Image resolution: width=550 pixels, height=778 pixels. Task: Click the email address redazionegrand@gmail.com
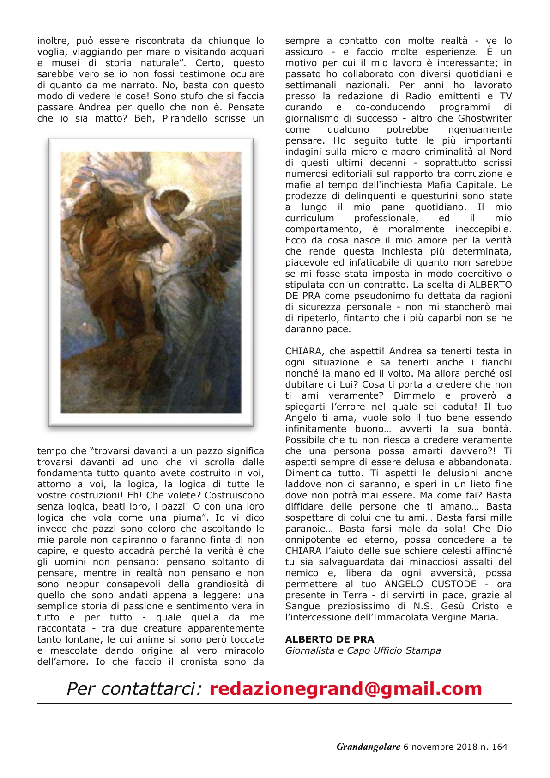346,689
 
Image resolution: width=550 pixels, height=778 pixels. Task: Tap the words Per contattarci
134,689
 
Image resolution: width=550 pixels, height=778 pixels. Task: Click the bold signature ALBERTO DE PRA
330,639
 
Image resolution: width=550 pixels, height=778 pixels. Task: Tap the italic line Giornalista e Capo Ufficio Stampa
363,650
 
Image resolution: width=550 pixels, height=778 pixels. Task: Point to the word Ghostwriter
484,118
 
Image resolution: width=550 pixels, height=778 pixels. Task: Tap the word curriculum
309,218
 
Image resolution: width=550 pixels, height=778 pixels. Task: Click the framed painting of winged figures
151,282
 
